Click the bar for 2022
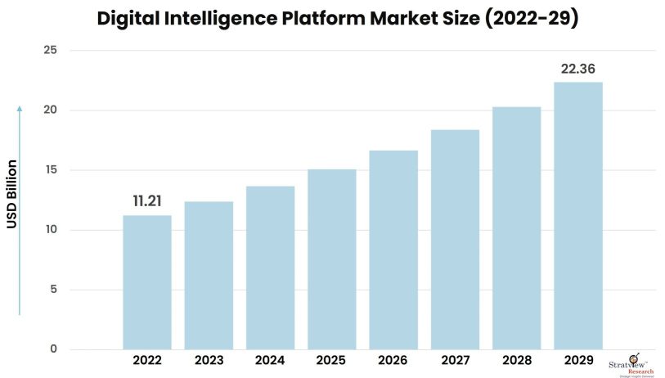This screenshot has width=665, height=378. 147,282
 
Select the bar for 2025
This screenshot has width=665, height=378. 331,259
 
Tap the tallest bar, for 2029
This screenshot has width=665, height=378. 577,216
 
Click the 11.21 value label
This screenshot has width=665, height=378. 147,201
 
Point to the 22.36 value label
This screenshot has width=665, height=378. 577,68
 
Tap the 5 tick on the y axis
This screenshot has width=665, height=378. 53,290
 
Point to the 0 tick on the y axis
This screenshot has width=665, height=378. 53,349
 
